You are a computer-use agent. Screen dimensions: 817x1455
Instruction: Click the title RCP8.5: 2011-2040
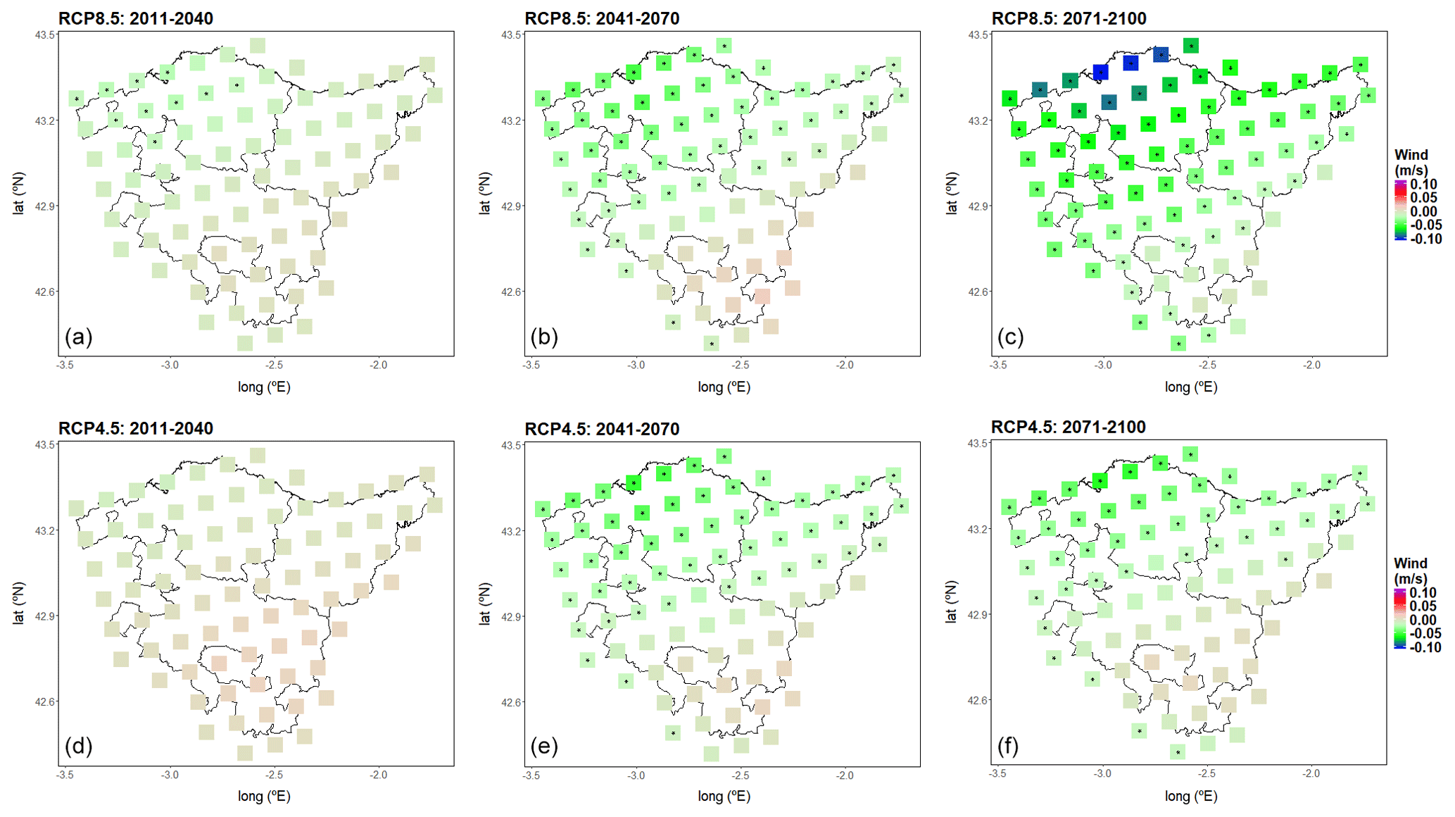(x=135, y=18)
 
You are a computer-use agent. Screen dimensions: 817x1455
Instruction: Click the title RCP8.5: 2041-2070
(x=602, y=18)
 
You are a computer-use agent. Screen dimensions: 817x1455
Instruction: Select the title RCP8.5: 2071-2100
(x=1069, y=18)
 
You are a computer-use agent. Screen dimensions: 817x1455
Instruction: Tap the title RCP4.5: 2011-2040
(x=135, y=428)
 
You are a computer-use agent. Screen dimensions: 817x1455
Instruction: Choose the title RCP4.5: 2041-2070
(x=602, y=429)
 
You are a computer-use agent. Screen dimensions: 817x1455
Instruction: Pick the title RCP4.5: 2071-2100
(x=1068, y=427)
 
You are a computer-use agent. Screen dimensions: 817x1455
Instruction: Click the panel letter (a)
(x=78, y=337)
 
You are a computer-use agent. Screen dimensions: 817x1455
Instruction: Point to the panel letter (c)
(x=1010, y=337)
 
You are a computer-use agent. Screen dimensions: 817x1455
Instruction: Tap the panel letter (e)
(x=544, y=746)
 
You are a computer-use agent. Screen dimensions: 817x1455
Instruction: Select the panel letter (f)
(x=1007, y=745)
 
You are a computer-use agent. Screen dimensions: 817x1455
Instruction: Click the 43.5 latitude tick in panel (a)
(x=45, y=35)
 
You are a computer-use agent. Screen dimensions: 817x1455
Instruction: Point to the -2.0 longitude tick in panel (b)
(x=845, y=365)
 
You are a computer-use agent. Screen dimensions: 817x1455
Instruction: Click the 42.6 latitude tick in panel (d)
(x=45, y=701)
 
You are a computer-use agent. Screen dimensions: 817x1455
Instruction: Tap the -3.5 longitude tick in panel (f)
(x=997, y=773)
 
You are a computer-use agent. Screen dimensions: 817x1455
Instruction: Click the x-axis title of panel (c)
(x=1190, y=387)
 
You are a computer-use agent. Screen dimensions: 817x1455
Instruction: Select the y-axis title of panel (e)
(x=484, y=604)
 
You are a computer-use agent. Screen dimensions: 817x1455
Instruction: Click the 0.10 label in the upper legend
(x=1423, y=185)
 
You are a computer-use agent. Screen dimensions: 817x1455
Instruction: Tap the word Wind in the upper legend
(x=1411, y=155)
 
